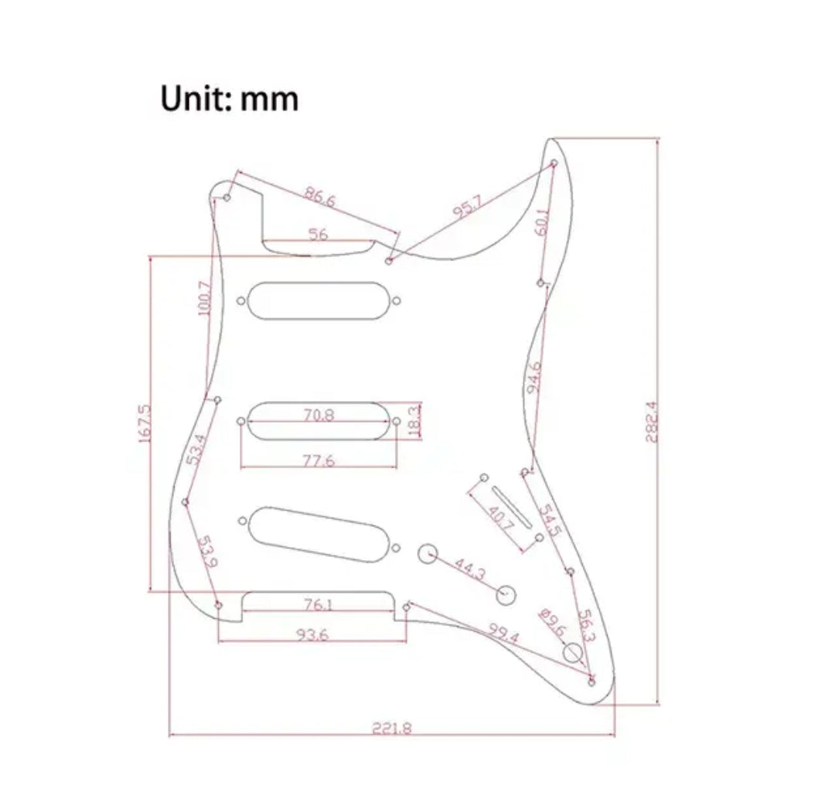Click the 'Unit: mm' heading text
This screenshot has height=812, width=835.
click(x=230, y=100)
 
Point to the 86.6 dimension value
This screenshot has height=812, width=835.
click(x=319, y=199)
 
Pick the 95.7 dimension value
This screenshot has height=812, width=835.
click(x=467, y=207)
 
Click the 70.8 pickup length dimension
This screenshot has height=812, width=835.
click(x=319, y=415)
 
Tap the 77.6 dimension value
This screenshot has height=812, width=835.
click(x=319, y=461)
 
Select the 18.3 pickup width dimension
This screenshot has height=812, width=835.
click(x=413, y=420)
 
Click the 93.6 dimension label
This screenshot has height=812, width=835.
click(x=312, y=634)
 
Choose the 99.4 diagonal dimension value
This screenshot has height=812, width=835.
click(x=503, y=634)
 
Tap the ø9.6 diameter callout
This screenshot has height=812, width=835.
click(x=552, y=621)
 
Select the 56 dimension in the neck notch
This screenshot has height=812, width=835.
click(x=319, y=234)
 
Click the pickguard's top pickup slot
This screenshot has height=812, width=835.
click(x=319, y=299)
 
